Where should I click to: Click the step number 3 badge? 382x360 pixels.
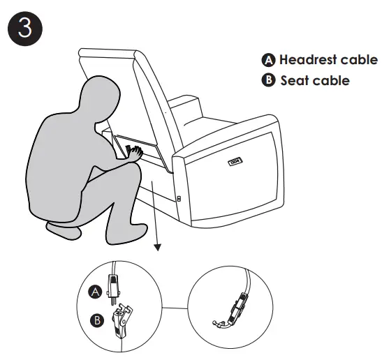pos(25,29)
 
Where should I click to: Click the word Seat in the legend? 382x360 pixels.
pos(294,80)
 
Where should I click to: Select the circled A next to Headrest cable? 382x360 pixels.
pos(268,60)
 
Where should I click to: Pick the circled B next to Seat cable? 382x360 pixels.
pos(268,80)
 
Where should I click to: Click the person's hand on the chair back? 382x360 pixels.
pos(135,153)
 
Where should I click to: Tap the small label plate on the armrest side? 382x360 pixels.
pos(235,161)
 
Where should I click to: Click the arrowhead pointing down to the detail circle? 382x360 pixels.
pos(158,247)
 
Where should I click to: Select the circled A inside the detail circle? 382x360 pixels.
pos(95,292)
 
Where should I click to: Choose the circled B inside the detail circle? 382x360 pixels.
pos(97,320)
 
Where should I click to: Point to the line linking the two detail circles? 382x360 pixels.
pos(175,308)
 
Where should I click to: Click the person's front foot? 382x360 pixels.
pos(127,234)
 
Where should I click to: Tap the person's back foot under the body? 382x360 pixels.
pos(64,231)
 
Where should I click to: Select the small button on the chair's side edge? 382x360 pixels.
pos(179,199)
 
